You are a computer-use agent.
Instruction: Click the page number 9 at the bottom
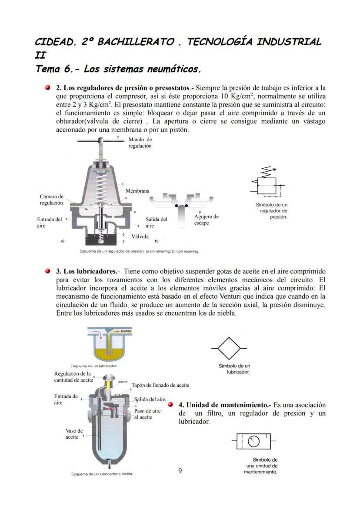pos(180,470)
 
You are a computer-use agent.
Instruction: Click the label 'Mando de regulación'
pos(140,143)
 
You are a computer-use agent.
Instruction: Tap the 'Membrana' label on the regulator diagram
pos(137,191)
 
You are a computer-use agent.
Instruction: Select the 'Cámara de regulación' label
pos(51,200)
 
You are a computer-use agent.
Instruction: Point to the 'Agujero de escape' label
pos(206,220)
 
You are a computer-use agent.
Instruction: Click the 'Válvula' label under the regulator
pos(140,237)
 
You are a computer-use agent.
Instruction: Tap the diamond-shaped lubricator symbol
pos(229,348)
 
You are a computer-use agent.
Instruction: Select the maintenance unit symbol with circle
pos(253,441)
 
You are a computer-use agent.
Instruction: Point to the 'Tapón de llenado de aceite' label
pos(160,385)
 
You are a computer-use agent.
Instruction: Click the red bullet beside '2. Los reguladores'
pos(48,88)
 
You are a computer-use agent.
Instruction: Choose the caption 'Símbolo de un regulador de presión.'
pos(271,210)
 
